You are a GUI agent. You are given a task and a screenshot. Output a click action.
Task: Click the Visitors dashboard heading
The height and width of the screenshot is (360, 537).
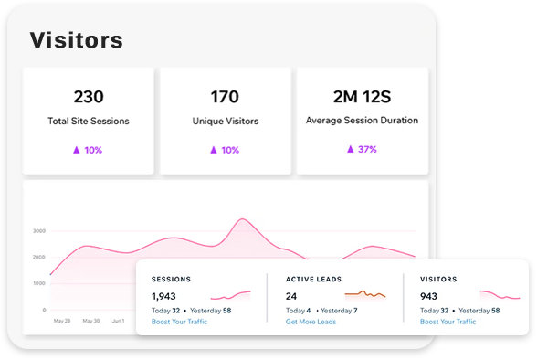tap(77, 40)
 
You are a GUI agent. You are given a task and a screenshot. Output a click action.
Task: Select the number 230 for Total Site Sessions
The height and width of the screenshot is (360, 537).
tap(89, 97)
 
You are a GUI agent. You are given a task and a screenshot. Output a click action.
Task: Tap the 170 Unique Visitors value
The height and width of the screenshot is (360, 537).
tap(225, 97)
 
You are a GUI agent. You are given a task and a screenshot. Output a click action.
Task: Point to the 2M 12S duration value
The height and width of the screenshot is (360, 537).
tap(362, 97)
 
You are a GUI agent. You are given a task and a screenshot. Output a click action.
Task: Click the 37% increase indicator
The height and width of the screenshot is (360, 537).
tap(362, 149)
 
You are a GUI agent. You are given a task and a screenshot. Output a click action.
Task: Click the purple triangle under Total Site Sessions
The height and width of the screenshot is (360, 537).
tap(77, 150)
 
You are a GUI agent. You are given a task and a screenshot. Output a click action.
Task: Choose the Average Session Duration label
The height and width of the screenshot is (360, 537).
tap(362, 121)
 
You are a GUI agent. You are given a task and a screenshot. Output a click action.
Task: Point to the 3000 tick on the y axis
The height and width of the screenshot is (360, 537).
tap(39, 231)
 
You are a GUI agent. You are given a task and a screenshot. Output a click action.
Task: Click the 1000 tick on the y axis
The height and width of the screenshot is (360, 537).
tap(39, 283)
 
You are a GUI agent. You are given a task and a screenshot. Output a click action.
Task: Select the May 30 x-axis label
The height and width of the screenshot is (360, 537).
tap(91, 321)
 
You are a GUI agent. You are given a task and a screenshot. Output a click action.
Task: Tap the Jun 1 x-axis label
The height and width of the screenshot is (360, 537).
tap(118, 321)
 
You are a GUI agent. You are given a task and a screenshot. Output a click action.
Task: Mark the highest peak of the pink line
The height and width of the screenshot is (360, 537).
tap(242, 219)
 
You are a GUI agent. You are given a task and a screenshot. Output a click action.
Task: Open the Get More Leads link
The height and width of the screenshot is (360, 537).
tap(311, 322)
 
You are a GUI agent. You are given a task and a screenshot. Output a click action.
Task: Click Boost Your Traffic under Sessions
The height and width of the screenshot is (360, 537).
tap(179, 322)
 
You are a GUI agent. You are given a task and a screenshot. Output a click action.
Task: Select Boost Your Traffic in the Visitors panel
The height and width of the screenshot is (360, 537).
tap(447, 322)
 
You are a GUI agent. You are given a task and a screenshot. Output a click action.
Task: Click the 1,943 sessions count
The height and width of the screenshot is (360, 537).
tap(163, 296)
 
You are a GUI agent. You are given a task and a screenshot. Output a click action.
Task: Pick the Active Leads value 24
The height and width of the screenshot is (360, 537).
tap(291, 296)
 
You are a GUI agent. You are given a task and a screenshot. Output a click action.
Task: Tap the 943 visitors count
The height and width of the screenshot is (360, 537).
tap(428, 296)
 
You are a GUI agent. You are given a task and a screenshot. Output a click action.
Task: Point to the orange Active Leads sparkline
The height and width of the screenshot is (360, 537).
tap(365, 293)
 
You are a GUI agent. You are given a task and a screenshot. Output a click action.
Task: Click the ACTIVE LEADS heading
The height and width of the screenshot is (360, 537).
tap(314, 280)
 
